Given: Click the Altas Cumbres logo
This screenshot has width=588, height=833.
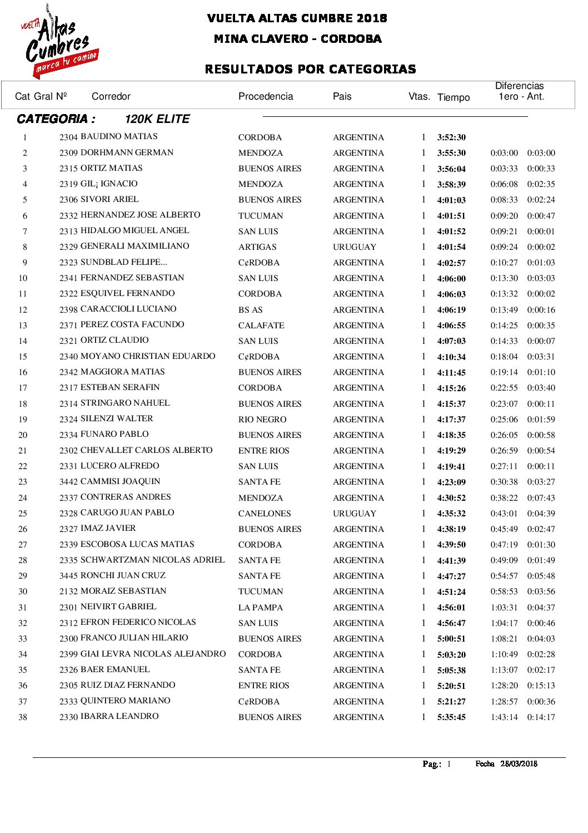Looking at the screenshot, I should pyautogui.click(x=60, y=42).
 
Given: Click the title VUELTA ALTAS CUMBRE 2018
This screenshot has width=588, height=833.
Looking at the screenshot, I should pyautogui.click(x=297, y=18).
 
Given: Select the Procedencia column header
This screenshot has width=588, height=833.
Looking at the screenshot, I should pyautogui.click(x=265, y=96).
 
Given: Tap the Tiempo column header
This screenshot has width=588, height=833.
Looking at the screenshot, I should pyautogui.click(x=453, y=97).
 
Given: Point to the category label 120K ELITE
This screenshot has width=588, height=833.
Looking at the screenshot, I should pyautogui.click(x=157, y=119).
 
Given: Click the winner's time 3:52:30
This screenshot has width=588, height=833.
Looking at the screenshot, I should pyautogui.click(x=451, y=137).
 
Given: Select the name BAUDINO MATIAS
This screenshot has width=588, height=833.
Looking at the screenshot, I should pyautogui.click(x=119, y=136).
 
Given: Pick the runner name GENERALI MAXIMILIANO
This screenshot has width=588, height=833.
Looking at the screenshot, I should pyautogui.click(x=134, y=246).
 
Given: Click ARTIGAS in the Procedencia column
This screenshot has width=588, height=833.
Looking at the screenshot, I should pyautogui.click(x=257, y=247).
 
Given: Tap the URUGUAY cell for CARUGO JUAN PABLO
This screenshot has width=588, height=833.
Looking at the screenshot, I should pyautogui.click(x=354, y=514).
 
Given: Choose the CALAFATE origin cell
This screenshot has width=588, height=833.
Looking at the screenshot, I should pyautogui.click(x=261, y=326).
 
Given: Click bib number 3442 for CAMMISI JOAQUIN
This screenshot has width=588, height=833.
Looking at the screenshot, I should pyautogui.click(x=68, y=482).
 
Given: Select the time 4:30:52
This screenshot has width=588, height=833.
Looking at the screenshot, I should pyautogui.click(x=451, y=498).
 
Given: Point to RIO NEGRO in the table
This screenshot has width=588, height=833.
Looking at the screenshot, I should pyautogui.click(x=262, y=420).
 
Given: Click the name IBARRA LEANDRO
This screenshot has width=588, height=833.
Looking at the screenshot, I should pyautogui.click(x=119, y=716).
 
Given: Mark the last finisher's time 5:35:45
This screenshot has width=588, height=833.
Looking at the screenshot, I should pyautogui.click(x=451, y=717).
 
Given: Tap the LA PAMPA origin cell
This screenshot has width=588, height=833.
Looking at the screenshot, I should pyautogui.click(x=260, y=608).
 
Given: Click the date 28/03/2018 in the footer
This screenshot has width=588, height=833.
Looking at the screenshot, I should pyautogui.click(x=519, y=764).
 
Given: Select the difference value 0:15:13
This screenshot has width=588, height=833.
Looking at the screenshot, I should pyautogui.click(x=541, y=686).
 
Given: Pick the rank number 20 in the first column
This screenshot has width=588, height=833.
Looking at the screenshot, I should pyautogui.click(x=23, y=435).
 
